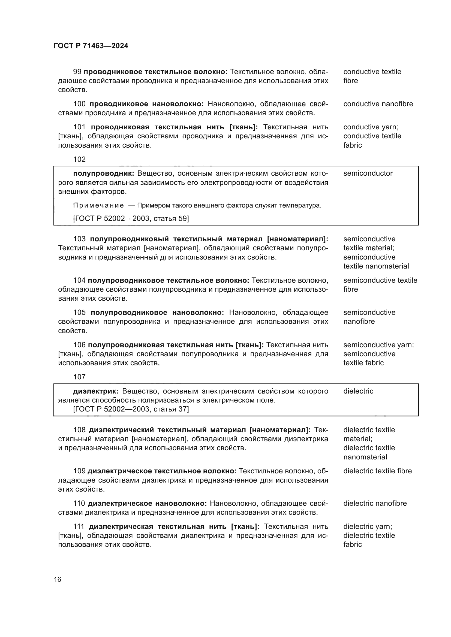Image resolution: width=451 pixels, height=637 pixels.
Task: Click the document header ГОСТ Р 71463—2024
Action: [x=91, y=46]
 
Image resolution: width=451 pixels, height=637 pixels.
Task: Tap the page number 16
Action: [x=58, y=579]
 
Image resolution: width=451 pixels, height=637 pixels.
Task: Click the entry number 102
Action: [x=79, y=159]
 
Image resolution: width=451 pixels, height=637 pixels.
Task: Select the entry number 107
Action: [x=79, y=377]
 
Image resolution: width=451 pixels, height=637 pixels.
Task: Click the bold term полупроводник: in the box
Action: [x=103, y=173]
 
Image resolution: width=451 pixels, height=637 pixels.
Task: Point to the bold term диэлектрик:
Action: [x=95, y=391]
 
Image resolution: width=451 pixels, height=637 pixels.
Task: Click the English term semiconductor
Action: [x=368, y=173]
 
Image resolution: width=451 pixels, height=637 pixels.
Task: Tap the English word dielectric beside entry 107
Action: [x=358, y=391]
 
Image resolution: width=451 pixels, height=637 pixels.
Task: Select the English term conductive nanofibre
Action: [x=378, y=104]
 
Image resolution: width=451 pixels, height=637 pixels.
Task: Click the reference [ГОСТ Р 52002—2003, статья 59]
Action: [x=131, y=219]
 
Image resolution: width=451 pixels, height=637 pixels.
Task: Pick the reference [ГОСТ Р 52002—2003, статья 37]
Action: [x=131, y=409]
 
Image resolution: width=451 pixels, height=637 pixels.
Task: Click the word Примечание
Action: [x=98, y=206]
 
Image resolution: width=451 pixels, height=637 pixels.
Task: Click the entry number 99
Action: [x=77, y=72]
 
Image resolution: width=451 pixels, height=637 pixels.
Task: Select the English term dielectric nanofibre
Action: [x=375, y=503]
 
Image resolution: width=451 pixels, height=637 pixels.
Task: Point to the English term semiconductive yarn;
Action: [x=378, y=345]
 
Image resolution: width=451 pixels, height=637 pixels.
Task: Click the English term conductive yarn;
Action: [x=371, y=127]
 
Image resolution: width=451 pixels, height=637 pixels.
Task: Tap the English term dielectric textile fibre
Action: [x=377, y=471]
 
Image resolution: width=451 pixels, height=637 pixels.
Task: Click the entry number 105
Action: [x=79, y=312]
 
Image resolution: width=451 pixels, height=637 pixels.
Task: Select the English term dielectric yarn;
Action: [x=367, y=526]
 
